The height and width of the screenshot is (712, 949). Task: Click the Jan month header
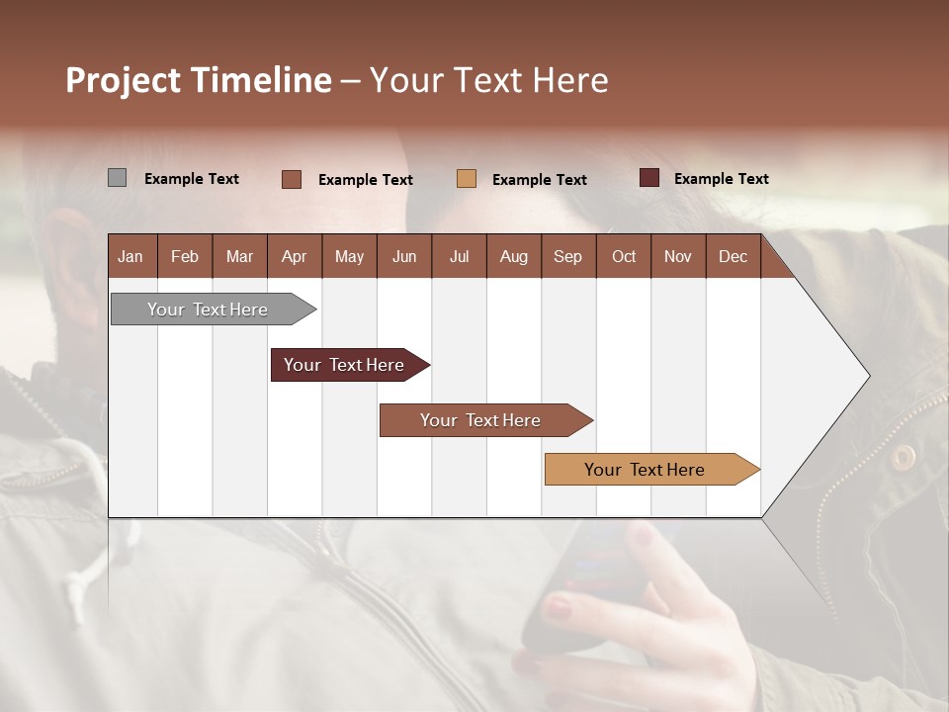(x=130, y=256)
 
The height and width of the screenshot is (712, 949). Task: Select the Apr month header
(x=294, y=256)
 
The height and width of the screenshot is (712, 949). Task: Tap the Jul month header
(x=459, y=256)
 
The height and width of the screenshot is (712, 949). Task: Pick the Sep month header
(x=567, y=256)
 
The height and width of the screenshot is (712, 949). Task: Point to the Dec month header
(x=733, y=256)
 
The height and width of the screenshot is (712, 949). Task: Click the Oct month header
(x=623, y=256)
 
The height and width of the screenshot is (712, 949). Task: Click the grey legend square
(x=117, y=178)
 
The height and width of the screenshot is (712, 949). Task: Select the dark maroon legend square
(x=648, y=178)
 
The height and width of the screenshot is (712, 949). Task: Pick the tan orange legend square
(x=467, y=178)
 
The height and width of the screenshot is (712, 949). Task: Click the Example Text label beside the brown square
(x=365, y=179)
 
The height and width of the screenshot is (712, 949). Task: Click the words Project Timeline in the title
(x=198, y=80)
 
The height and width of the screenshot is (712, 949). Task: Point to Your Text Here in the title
(x=488, y=80)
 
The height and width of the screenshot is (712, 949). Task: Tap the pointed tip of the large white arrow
(x=867, y=376)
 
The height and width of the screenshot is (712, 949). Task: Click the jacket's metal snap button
(x=903, y=456)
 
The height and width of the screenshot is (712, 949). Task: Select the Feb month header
(x=184, y=256)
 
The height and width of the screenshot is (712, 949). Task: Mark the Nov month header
(x=677, y=256)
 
